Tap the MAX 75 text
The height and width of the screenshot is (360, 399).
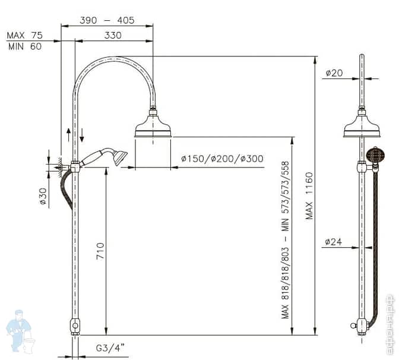click(24, 36)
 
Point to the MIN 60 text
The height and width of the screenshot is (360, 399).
click(24, 47)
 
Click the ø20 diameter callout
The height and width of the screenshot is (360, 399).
click(334, 73)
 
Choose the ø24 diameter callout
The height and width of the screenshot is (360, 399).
click(334, 242)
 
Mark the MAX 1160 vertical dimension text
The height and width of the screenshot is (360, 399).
click(309, 196)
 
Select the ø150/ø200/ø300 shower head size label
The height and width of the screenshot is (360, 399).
click(222, 159)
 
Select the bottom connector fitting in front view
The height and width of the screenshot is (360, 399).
click(75, 326)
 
